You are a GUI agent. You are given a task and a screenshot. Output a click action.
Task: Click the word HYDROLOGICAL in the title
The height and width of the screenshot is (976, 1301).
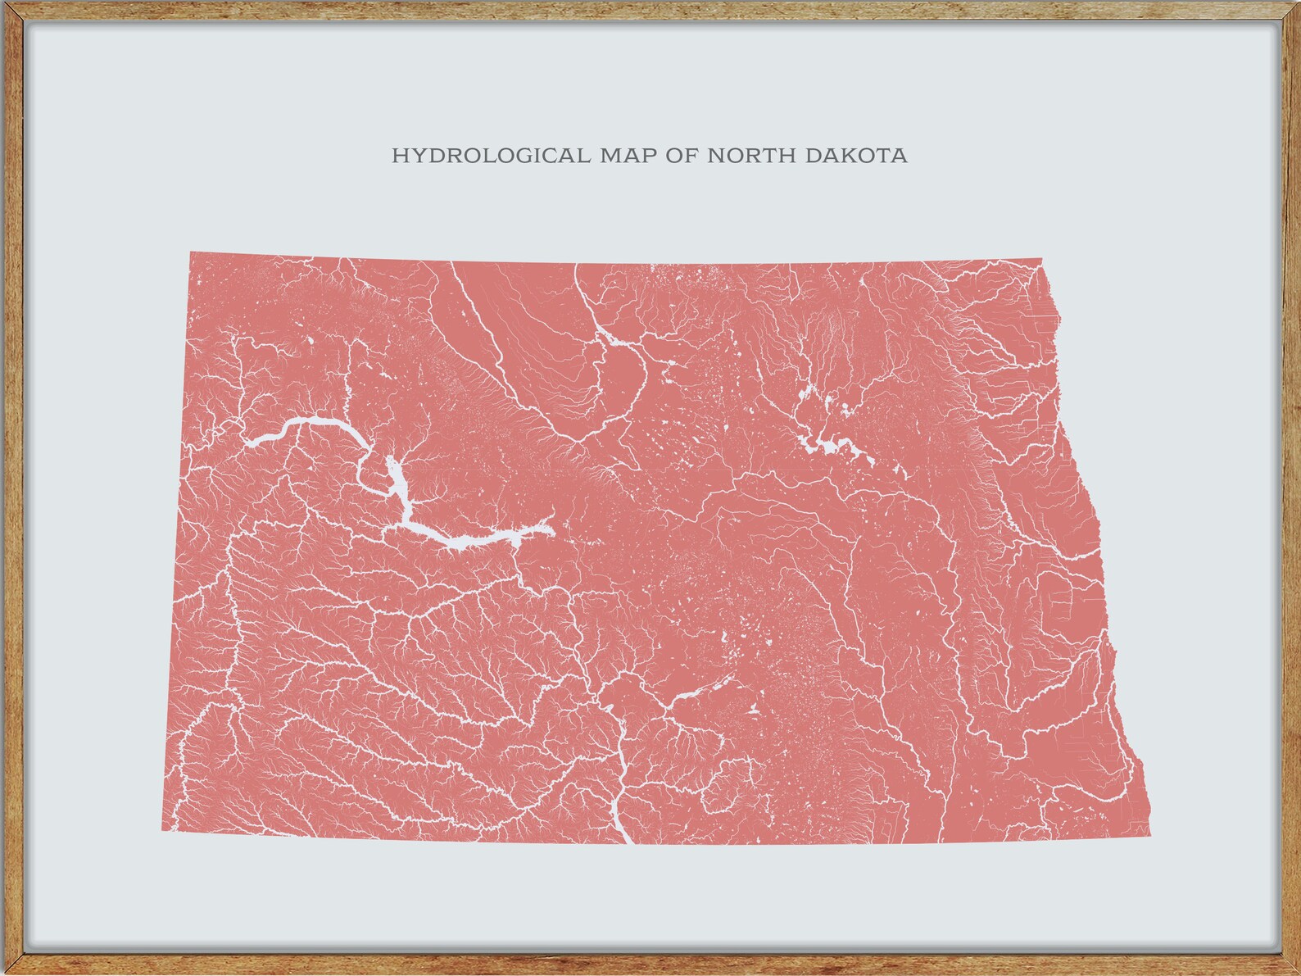pos(490,156)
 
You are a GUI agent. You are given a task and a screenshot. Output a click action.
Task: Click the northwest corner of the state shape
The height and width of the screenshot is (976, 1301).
pos(191,252)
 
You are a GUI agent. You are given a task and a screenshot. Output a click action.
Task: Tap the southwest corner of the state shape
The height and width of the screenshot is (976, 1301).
pos(162,830)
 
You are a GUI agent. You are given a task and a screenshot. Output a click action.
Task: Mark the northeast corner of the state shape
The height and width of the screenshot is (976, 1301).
pos(1040,261)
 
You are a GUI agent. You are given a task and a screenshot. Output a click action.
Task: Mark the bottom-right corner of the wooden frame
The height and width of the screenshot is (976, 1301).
pos(1295,970)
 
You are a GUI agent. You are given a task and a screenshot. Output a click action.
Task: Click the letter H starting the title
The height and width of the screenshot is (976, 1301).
pos(399,156)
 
